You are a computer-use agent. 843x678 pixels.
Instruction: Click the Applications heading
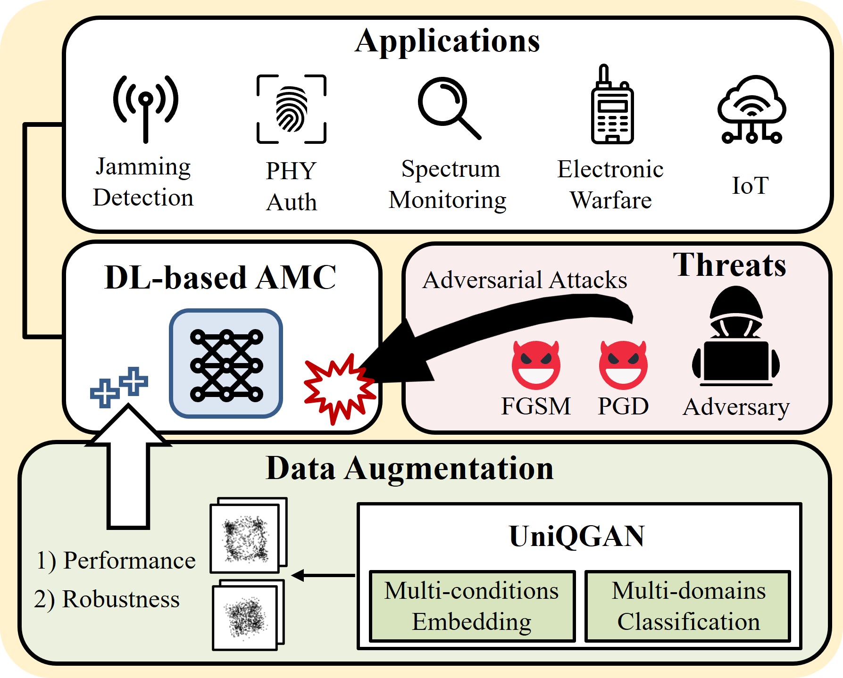[x=447, y=41]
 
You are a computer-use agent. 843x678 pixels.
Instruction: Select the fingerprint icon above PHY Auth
[x=292, y=109]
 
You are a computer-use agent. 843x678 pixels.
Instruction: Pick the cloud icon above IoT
[x=751, y=109]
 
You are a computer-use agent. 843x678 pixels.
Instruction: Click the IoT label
[x=750, y=185]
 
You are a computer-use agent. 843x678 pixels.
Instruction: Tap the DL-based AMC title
[x=220, y=277]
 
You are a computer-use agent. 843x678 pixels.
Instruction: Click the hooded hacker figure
[x=736, y=337]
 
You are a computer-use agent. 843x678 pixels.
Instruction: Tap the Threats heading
[x=729, y=265]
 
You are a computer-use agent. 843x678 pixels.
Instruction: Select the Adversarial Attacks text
[x=525, y=280]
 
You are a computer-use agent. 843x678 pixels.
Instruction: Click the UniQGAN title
[x=577, y=536]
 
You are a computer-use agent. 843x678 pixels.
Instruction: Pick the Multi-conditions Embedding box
[x=472, y=606]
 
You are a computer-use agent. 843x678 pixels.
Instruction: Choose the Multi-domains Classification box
[x=688, y=606]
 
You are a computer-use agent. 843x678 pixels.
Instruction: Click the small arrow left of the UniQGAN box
[x=323, y=575]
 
